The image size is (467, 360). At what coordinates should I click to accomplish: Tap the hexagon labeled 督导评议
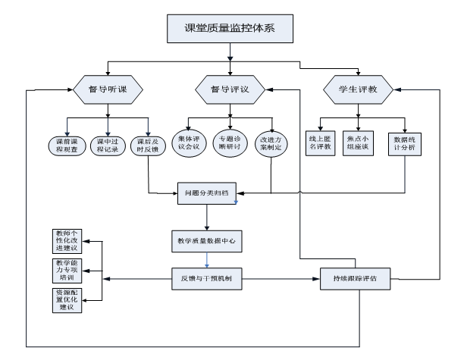coord(229,89)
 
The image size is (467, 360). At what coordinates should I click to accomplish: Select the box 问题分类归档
coord(207,193)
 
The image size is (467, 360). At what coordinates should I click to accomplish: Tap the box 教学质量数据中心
coord(205,241)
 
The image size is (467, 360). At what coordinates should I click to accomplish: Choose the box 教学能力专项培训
coord(67,270)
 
